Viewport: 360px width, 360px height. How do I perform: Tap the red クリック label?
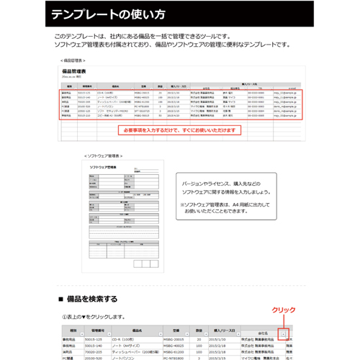coord(282,310)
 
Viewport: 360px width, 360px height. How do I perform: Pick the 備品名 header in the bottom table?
coord(138,330)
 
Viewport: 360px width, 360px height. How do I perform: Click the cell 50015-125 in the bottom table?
coord(94,338)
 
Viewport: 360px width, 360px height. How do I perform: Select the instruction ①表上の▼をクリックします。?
coord(94,317)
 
